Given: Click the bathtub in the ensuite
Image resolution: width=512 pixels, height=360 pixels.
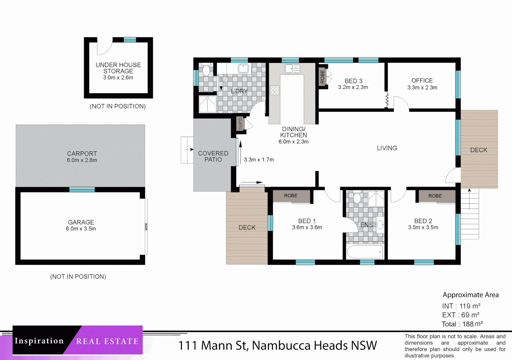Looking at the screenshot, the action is [365, 252].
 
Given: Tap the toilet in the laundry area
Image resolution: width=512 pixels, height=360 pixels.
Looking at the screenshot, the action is [206, 70].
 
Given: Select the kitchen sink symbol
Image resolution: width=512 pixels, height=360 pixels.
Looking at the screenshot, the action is [292, 69].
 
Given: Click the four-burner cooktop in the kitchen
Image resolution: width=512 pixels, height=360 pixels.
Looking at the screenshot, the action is [274, 90].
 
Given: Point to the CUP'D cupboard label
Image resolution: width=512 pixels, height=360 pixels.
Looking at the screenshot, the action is [240, 124].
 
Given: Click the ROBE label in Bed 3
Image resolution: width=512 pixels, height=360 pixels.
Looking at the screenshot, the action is [322, 77].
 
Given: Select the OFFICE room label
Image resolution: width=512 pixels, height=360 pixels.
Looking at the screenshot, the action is [422, 81].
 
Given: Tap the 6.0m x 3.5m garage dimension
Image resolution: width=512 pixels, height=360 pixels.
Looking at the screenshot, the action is [81, 229].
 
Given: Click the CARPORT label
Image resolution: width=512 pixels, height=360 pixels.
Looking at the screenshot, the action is [82, 154].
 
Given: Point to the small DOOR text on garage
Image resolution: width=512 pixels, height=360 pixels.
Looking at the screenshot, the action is [146, 227].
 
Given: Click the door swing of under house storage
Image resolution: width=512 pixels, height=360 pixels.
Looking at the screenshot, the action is [104, 48].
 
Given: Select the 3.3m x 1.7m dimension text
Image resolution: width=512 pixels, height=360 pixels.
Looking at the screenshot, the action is [259, 160].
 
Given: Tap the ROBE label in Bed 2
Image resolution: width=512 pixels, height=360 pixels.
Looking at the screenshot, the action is [435, 196].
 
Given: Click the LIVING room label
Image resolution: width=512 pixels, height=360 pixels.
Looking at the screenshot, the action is [387, 148].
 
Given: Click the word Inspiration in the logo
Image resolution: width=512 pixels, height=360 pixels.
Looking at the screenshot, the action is [39, 341].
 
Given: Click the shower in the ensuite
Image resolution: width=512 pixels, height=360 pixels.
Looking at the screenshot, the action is [376, 199].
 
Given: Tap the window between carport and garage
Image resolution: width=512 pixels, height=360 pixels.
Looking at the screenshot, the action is [82, 189].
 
